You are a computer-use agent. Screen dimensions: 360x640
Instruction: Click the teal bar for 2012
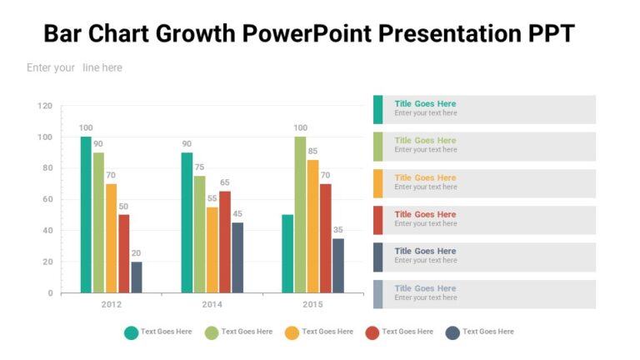(86, 214)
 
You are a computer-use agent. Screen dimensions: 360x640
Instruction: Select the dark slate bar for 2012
(137, 277)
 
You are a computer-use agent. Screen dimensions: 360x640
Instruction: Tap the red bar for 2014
(225, 242)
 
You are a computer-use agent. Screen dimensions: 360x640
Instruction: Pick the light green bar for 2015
(300, 214)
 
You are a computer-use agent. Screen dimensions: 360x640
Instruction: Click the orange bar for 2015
(312, 226)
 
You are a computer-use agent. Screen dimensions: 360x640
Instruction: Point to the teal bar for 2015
(287, 253)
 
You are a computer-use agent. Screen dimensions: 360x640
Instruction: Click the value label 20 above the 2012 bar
(136, 253)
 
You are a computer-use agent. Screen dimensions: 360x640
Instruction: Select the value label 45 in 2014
(237, 214)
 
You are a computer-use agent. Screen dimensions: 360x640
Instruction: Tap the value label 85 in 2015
(312, 151)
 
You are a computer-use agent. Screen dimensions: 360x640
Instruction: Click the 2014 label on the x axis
(212, 305)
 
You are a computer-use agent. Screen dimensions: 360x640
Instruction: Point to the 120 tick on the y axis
(45, 106)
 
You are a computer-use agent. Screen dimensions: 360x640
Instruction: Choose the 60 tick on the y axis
(47, 199)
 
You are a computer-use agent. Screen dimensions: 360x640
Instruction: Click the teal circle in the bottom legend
(131, 332)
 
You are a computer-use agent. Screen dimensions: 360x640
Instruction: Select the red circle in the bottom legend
(372, 332)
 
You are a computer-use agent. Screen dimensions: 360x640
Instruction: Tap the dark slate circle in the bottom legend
(452, 332)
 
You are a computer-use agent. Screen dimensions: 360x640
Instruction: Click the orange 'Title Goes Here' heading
(425, 177)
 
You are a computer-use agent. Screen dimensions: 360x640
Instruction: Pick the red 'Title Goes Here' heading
(425, 214)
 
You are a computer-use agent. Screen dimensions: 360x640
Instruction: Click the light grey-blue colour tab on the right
(377, 294)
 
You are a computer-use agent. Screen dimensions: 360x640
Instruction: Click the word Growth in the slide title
(197, 34)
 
